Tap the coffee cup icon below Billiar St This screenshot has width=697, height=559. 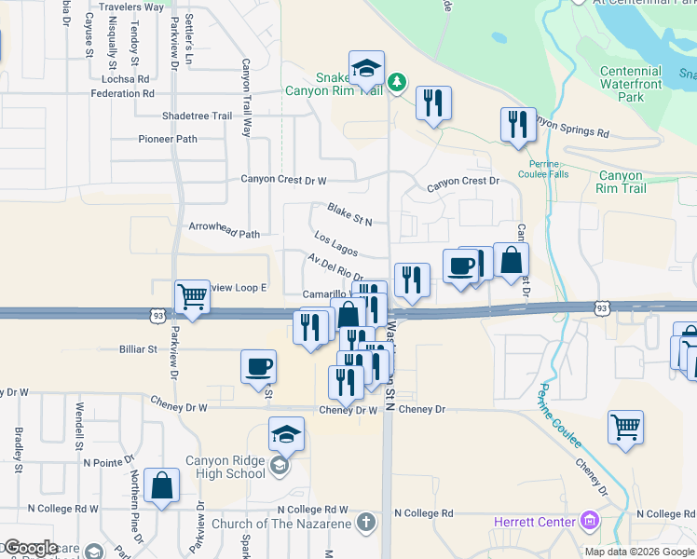[258, 366]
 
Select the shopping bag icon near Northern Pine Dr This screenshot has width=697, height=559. [162, 484]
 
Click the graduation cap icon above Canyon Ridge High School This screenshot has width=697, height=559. [286, 433]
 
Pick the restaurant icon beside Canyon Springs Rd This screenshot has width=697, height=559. [517, 124]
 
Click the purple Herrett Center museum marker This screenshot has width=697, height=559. [589, 520]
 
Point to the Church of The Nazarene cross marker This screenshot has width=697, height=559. [365, 522]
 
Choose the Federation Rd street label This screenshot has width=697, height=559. [121, 93]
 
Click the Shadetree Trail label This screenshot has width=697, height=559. [197, 116]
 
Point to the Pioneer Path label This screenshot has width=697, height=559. [168, 139]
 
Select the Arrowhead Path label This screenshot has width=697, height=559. [224, 235]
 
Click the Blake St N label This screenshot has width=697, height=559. [349, 214]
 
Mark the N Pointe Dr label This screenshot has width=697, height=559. [109, 462]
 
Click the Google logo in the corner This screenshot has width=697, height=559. [30, 548]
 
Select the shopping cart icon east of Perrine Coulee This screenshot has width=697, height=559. [625, 427]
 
